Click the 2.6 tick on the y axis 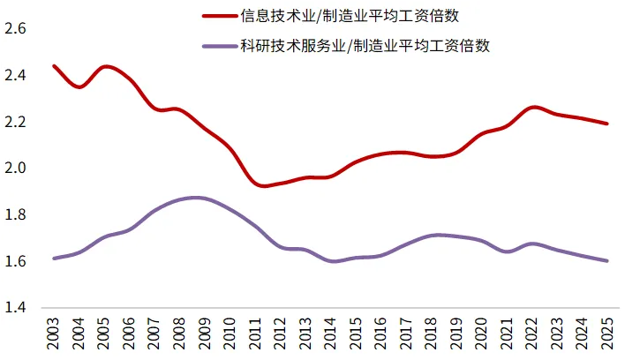tap(15, 28)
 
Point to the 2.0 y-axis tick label tap(15, 168)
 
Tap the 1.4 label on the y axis tap(15, 307)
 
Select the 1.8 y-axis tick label tap(15, 214)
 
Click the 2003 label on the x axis tap(53, 334)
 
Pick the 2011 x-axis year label tap(255, 334)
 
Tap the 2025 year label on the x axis tap(607, 334)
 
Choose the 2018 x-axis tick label tap(432, 334)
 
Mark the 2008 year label tap(179, 334)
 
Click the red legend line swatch tap(220, 16)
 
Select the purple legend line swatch tap(220, 46)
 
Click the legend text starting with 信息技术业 tap(350, 16)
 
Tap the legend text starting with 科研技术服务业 tap(365, 46)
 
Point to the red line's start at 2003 tap(54, 66)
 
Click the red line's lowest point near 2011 tap(262, 185)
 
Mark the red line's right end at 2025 tap(607, 124)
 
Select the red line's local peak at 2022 tap(533, 108)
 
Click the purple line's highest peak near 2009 tap(196, 198)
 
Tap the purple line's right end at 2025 tap(607, 261)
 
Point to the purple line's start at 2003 tap(54, 258)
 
